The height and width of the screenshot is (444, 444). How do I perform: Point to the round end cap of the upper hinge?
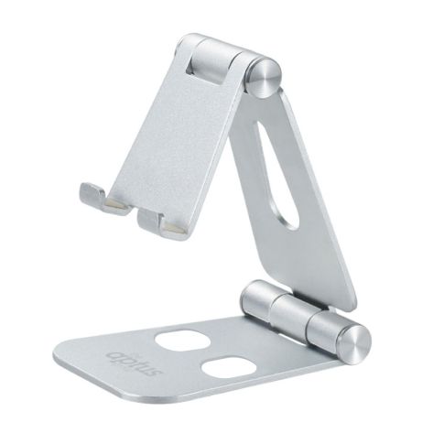[266, 76]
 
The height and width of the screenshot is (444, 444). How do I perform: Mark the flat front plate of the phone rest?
[179, 137]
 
